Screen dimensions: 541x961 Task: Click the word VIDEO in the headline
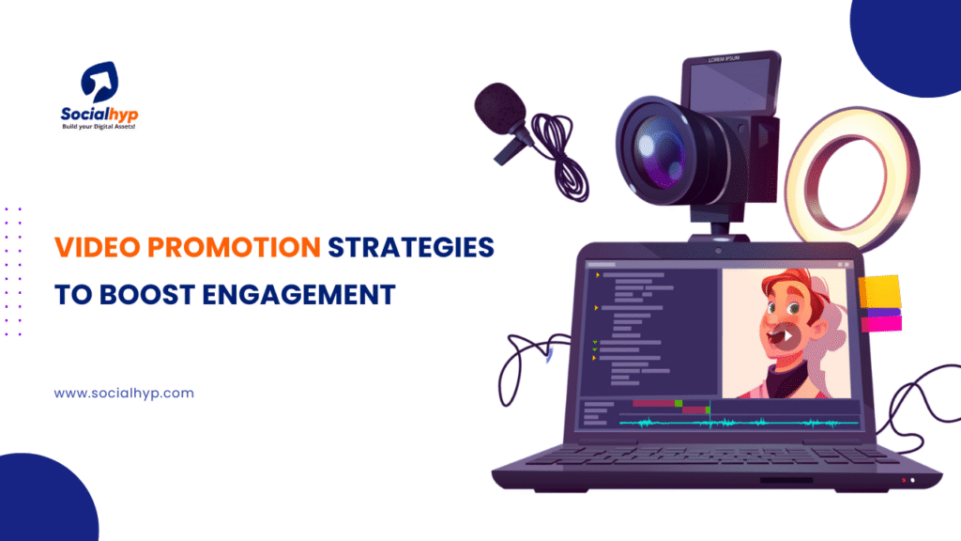tap(89, 248)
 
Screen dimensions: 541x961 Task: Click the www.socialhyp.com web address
tap(124, 394)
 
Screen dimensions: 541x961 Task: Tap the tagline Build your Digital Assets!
tap(99, 126)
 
